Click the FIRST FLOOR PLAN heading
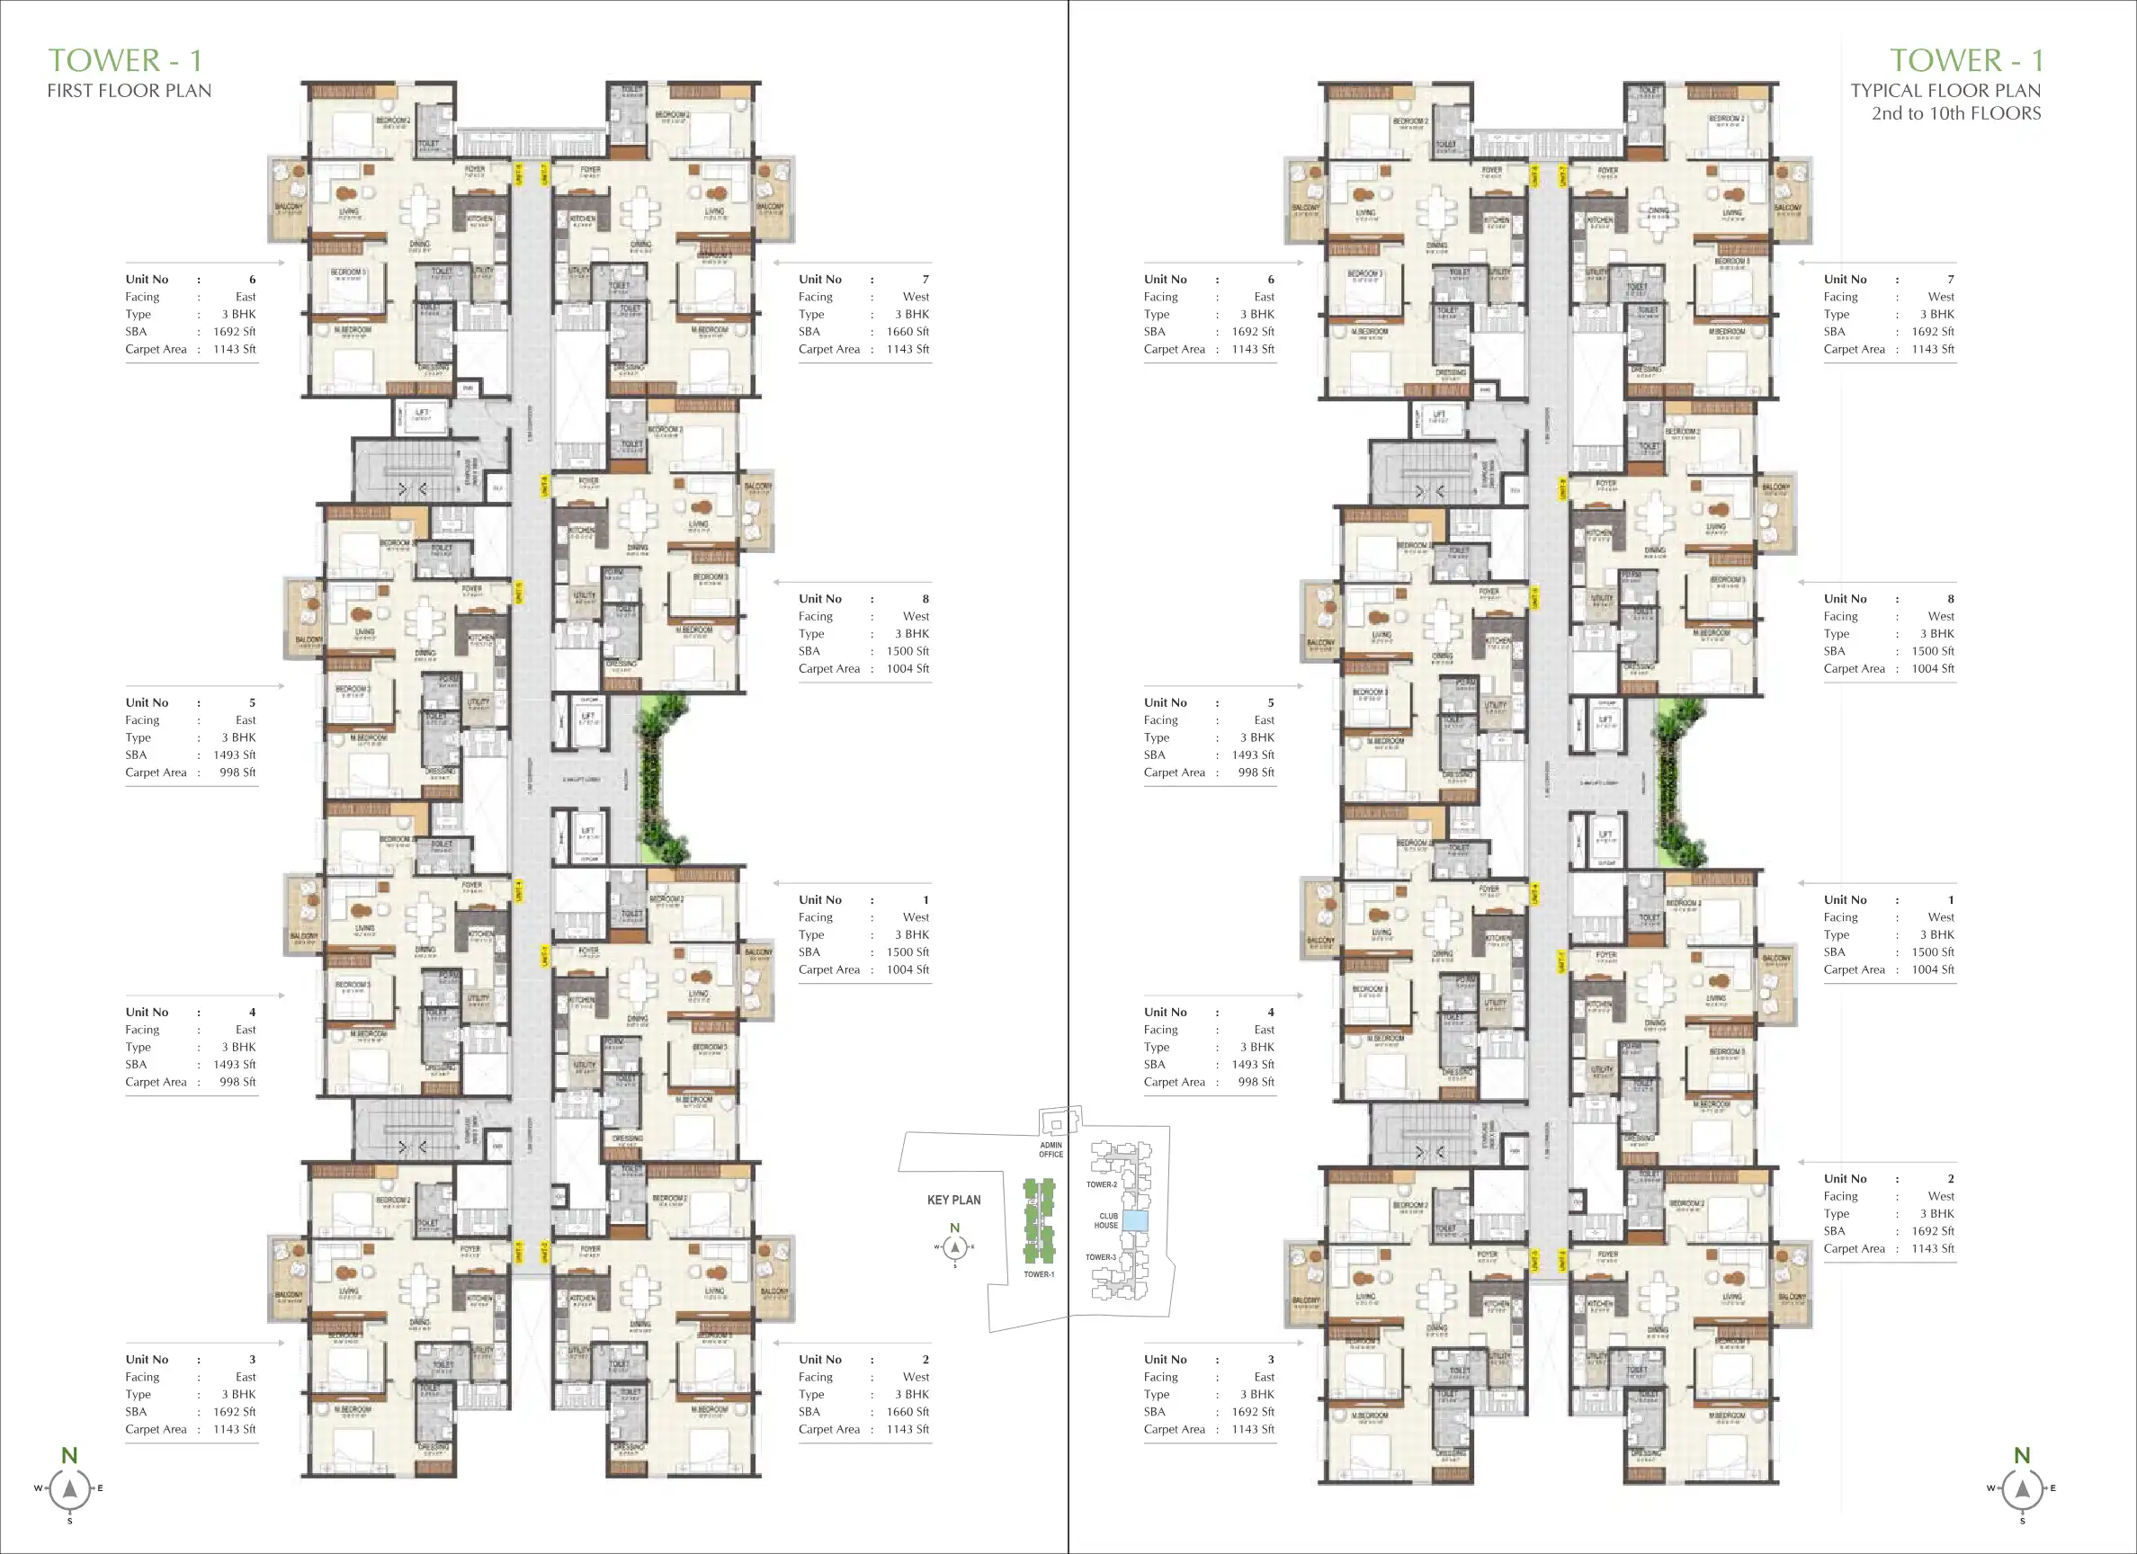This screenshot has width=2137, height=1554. click(x=130, y=91)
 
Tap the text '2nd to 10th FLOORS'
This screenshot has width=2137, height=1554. click(x=1955, y=113)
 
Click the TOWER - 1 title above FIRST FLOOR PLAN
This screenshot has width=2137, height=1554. click(x=124, y=60)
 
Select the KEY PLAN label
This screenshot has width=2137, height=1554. click(x=953, y=1200)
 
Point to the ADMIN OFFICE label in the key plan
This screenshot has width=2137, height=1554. click(x=1051, y=1149)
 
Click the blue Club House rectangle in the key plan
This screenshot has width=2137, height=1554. click(x=1135, y=1221)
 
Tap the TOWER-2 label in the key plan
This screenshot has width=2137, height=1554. click(x=1101, y=1184)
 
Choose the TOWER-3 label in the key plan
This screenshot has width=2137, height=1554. click(x=1100, y=1257)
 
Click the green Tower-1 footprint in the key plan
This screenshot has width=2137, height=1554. click(x=1040, y=1221)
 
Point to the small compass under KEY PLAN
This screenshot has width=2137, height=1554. click(x=954, y=1246)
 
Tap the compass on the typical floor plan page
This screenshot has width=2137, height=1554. click(x=2022, y=1489)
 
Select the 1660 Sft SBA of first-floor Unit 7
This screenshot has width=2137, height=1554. click(x=907, y=332)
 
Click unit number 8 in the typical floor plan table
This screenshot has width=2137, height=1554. click(x=1951, y=598)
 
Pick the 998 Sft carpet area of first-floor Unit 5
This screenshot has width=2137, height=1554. click(x=237, y=773)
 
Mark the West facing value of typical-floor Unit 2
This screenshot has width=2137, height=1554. click(x=1941, y=1196)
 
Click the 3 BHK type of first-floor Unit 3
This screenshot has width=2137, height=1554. click(x=238, y=1395)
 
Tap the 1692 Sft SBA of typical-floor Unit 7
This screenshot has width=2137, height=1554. click(x=1933, y=332)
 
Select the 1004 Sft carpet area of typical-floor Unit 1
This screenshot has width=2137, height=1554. click(x=1933, y=969)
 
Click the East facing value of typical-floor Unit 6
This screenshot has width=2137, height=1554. click(x=1264, y=297)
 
